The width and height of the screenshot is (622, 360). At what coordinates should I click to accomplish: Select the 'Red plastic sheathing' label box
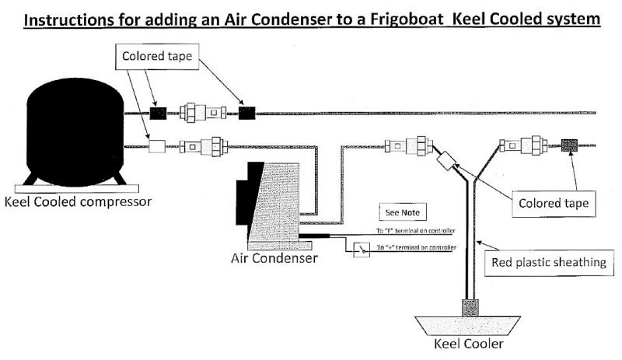(x=549, y=261)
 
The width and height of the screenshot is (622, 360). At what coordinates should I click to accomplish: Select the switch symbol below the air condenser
(x=360, y=250)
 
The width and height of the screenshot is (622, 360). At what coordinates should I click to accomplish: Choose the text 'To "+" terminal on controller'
(x=415, y=246)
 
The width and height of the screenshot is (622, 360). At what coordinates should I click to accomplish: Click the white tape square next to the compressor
(x=159, y=145)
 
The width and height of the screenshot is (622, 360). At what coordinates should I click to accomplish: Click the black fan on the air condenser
(x=252, y=202)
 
